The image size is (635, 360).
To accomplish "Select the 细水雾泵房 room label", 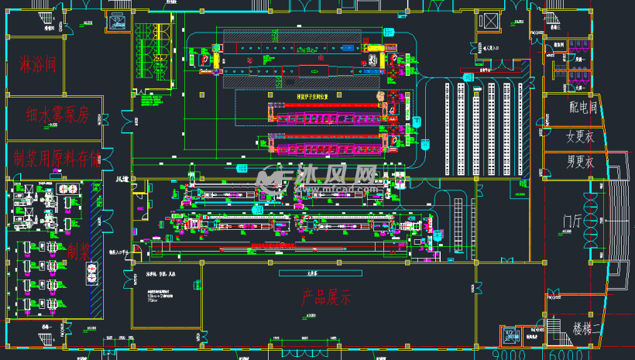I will pos(57,115).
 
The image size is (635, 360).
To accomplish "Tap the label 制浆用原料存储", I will pos(57,159).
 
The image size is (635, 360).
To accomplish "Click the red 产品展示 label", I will pos(324,297).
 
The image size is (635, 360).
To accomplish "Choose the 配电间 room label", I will pos(582,108).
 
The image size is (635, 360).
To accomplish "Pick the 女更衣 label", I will pos(580,138).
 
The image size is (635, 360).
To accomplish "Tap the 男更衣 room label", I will pos(580,163).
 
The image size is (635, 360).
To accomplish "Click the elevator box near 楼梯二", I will pos(511,336).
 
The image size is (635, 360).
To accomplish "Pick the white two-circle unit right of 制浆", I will pos(93,271).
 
